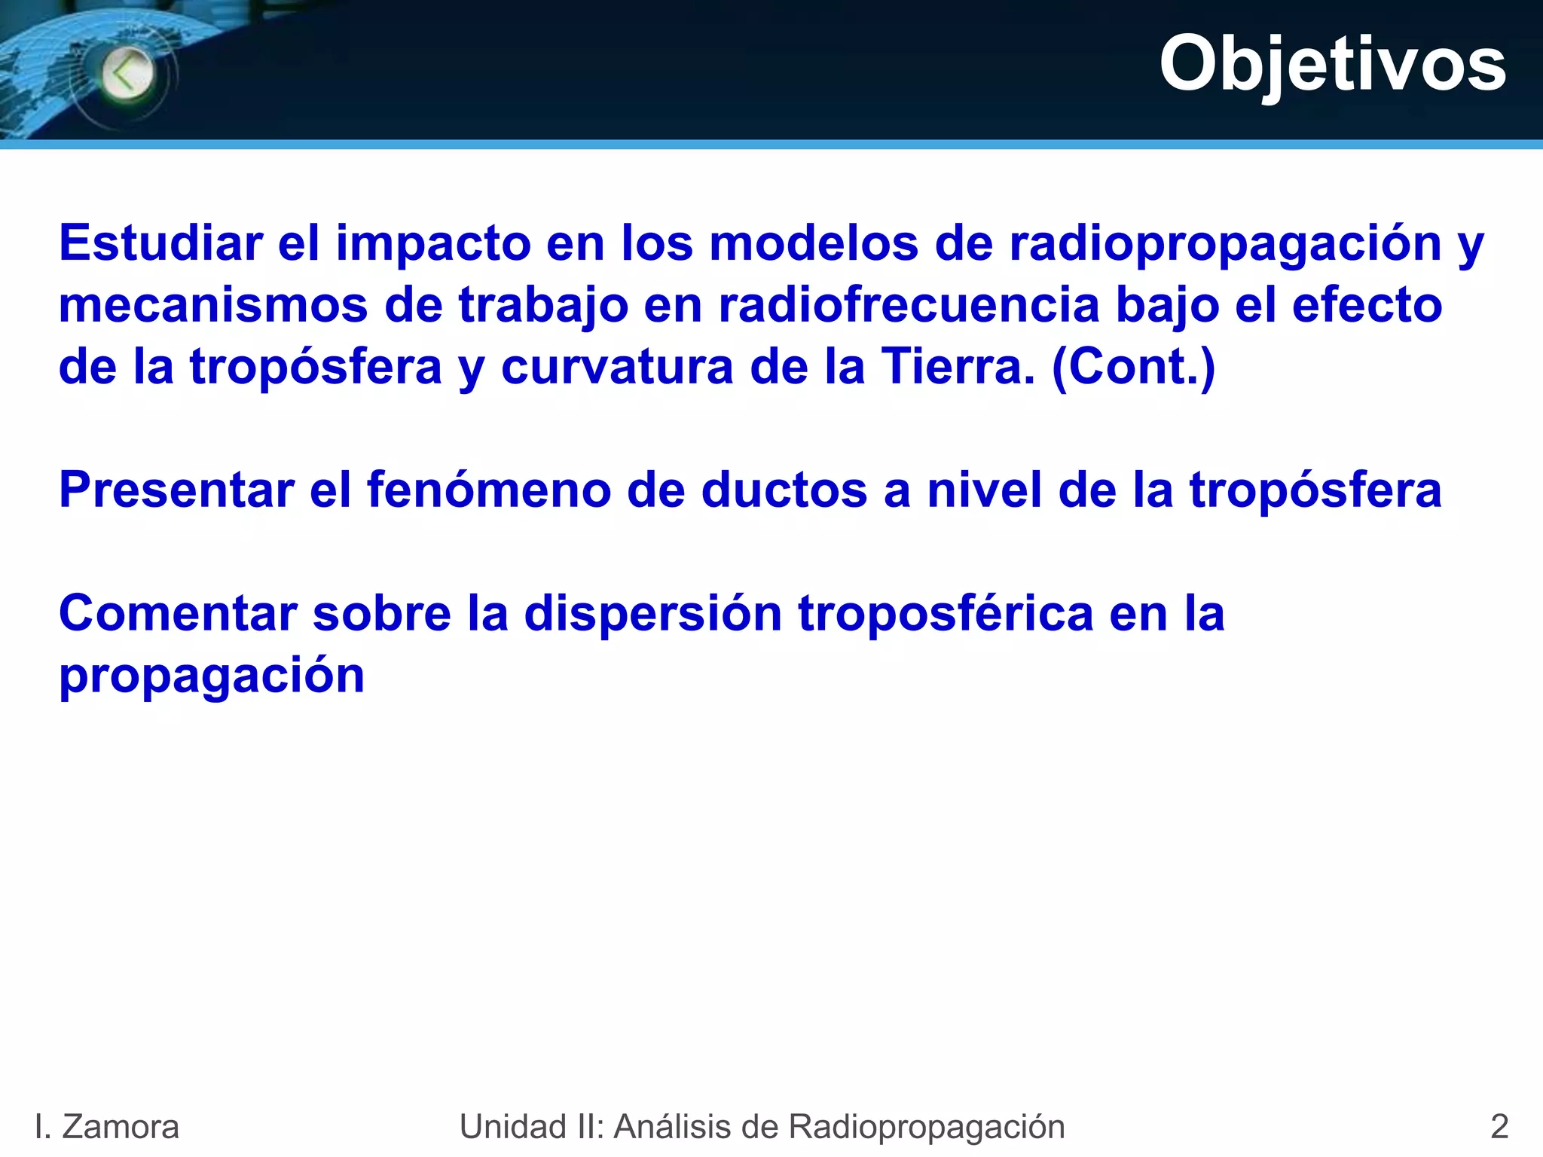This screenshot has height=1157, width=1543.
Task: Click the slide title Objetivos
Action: tap(1332, 65)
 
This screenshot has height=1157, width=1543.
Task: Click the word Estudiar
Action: tap(160, 243)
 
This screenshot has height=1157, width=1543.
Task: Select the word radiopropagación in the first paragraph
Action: tap(1225, 245)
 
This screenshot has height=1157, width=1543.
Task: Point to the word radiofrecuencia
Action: tap(909, 305)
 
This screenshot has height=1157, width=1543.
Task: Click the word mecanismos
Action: tap(213, 306)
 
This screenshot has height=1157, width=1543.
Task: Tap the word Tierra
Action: tap(958, 367)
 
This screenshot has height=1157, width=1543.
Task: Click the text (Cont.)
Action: tap(1133, 367)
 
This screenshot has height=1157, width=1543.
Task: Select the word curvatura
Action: tap(617, 368)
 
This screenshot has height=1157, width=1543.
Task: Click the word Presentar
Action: tap(176, 490)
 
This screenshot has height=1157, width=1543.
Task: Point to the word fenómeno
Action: tap(489, 490)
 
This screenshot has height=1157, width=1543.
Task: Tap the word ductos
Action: tap(784, 490)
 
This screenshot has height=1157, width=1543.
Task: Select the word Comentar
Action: tap(178, 613)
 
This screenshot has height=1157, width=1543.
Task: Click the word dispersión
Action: tap(652, 613)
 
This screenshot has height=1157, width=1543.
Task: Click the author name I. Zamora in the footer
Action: tap(107, 1127)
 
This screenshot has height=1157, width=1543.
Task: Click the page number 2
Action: tap(1499, 1127)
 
